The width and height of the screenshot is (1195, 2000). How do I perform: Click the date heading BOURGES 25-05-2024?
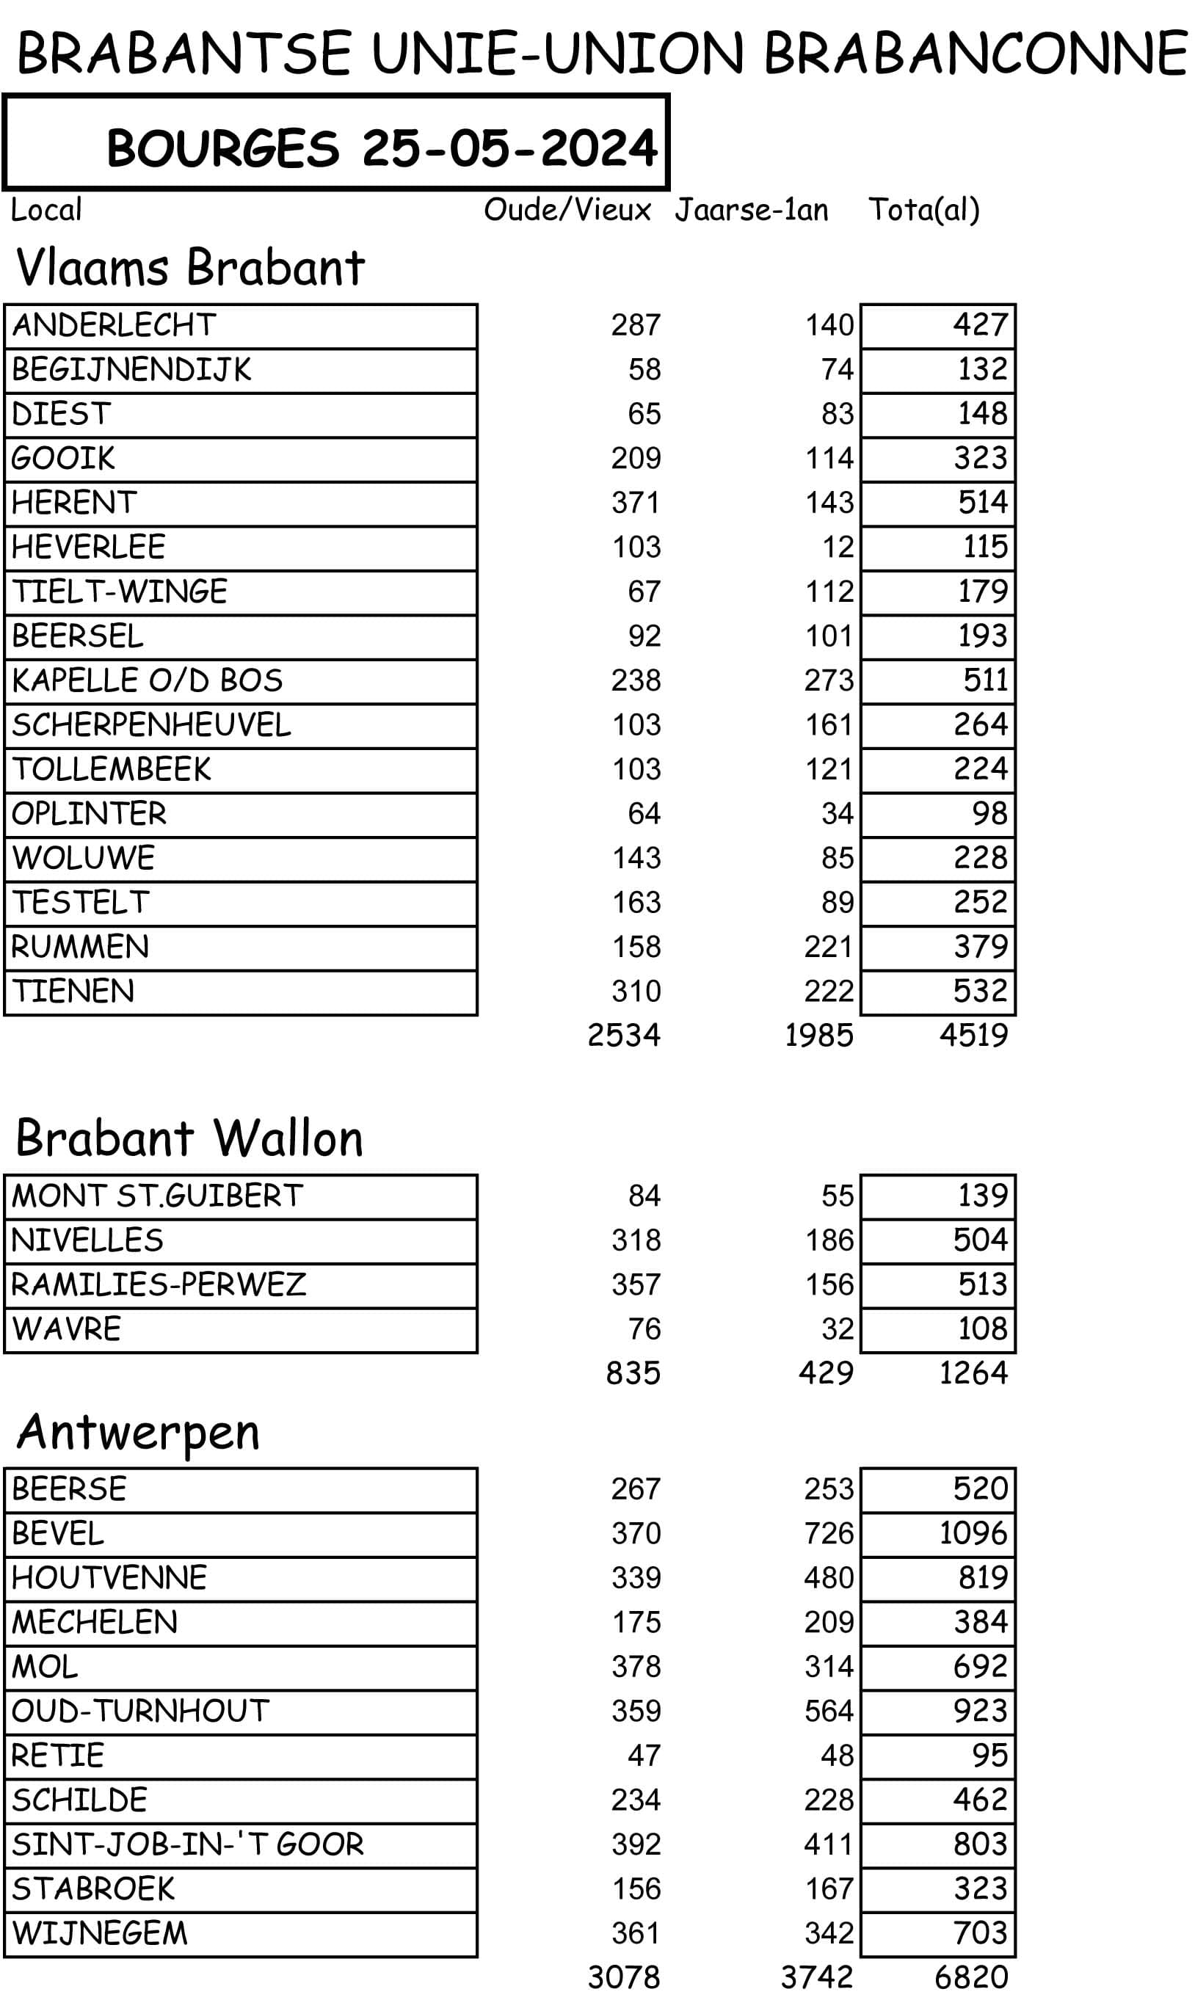[x=382, y=148]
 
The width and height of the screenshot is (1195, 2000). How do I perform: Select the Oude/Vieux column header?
[x=567, y=210]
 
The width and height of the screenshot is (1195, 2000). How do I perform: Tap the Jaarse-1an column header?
[x=752, y=210]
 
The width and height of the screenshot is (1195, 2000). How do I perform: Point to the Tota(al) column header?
[x=923, y=210]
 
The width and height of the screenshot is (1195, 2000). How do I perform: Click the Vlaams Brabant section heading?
[x=190, y=267]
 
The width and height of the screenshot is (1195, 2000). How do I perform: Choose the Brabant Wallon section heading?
[x=189, y=1138]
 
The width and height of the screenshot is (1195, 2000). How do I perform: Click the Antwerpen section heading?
[x=138, y=1433]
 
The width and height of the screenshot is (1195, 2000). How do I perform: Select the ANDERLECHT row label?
[x=114, y=325]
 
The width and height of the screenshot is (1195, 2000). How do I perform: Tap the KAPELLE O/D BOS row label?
[x=148, y=680]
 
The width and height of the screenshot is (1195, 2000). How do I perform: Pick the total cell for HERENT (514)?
[x=982, y=503]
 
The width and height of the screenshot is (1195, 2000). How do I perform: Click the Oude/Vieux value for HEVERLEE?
[x=636, y=548]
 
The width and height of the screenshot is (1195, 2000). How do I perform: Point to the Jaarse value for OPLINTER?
[x=838, y=814]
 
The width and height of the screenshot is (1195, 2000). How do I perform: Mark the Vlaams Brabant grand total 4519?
[x=973, y=1036]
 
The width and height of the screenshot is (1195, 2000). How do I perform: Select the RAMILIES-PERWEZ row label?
[x=159, y=1284]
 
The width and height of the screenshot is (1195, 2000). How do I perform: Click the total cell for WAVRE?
[x=982, y=1328]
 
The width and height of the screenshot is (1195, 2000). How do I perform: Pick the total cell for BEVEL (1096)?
[x=973, y=1533]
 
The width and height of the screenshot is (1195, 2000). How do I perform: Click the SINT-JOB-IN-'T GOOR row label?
[x=188, y=1844]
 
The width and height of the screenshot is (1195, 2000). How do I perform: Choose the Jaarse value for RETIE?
[x=838, y=1756]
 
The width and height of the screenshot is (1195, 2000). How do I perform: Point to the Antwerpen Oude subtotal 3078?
[x=624, y=1977]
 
